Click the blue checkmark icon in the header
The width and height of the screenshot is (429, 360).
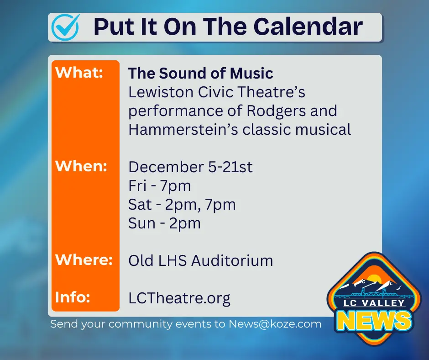[65, 26]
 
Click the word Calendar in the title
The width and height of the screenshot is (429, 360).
[308, 27]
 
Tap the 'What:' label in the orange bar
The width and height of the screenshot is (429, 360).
[79, 73]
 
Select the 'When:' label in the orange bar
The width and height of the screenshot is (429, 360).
[81, 166]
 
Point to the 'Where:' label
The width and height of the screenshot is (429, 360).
[84, 260]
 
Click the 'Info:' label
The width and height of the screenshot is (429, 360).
[73, 297]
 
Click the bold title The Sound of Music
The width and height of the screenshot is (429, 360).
[200, 73]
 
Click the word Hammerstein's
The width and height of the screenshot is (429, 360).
[183, 129]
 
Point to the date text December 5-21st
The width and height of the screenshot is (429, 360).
[190, 167]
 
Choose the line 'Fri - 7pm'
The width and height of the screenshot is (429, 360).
[159, 185]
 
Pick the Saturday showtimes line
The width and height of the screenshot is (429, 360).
[182, 204]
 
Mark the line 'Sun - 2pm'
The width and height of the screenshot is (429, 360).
[164, 223]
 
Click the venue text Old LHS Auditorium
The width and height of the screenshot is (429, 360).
[200, 260]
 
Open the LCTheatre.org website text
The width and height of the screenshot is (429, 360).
[179, 298]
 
